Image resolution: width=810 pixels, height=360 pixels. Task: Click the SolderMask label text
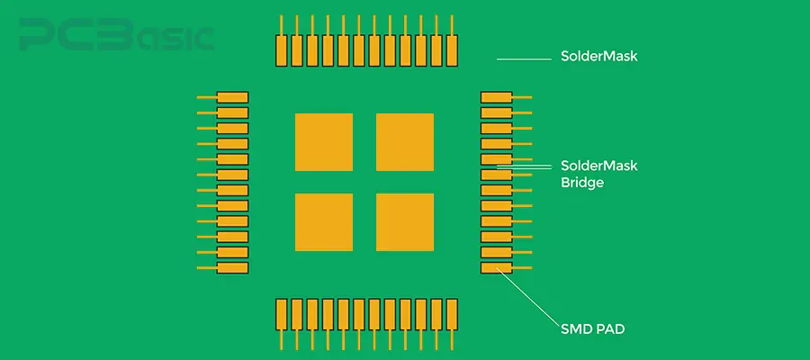[x=598, y=57]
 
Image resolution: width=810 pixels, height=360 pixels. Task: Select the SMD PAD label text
[x=592, y=329]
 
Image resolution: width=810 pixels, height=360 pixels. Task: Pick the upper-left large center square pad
[x=324, y=142]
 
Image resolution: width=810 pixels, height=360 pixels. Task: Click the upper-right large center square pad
[x=404, y=142]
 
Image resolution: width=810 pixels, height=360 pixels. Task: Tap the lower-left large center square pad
[x=324, y=222]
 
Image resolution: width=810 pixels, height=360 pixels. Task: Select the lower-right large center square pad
[x=404, y=222]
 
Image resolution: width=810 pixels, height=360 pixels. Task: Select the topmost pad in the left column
[x=232, y=97]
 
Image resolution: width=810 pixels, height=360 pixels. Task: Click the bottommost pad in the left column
[x=232, y=268]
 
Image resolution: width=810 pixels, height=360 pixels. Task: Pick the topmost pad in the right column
[x=496, y=97]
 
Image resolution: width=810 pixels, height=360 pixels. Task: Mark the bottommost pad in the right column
[x=496, y=268]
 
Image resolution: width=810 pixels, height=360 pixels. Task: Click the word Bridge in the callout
[x=582, y=182]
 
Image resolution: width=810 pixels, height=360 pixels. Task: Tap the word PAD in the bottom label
[x=609, y=329]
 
